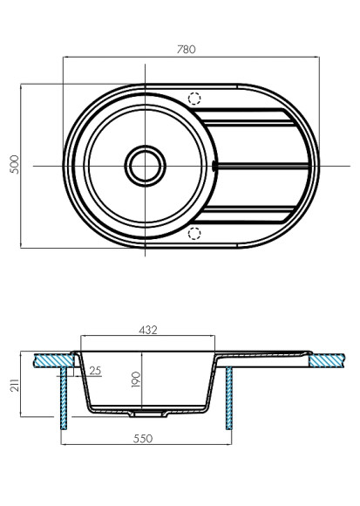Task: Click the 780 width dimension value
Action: pyautogui.click(x=185, y=50)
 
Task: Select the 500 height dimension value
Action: pyautogui.click(x=13, y=166)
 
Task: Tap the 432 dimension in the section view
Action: pyautogui.click(x=147, y=331)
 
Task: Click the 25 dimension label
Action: pyautogui.click(x=95, y=371)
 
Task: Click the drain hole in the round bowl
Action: pyautogui.click(x=145, y=164)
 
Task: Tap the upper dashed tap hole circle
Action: pyautogui.click(x=194, y=99)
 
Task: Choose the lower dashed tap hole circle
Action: pyautogui.click(x=194, y=232)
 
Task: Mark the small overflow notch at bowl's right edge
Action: pyautogui.click(x=214, y=164)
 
